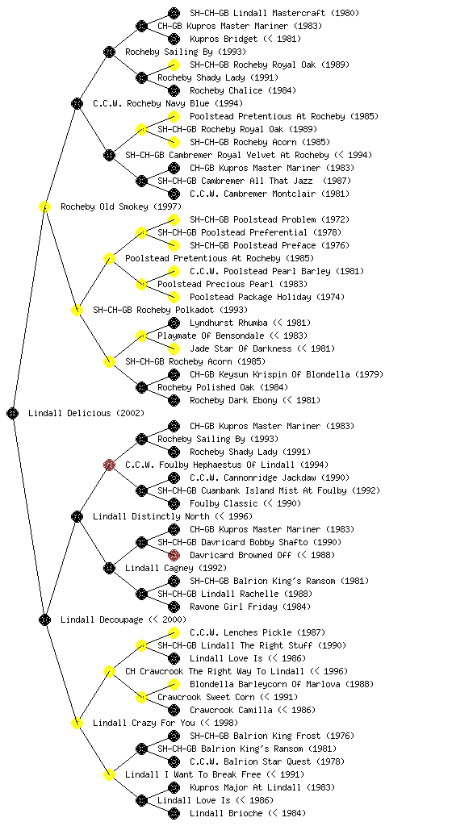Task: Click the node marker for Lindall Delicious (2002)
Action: pyautogui.click(x=13, y=413)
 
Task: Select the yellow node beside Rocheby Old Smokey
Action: pyautogui.click(x=44, y=206)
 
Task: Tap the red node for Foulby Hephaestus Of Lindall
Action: pyautogui.click(x=109, y=465)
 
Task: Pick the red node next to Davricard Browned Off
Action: pyautogui.click(x=174, y=555)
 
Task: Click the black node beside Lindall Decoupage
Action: pyautogui.click(x=44, y=619)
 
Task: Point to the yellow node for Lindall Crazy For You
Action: pyautogui.click(x=77, y=723)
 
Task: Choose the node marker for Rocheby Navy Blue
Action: pyautogui.click(x=77, y=103)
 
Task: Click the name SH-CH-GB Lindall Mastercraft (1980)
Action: pyautogui.click(x=274, y=13)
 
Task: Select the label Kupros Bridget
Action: pyautogui.click(x=224, y=39)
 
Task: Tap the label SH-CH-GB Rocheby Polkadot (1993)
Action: pyautogui.click(x=170, y=310)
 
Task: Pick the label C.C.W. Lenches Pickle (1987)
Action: pyautogui.click(x=257, y=632)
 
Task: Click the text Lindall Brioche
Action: pyautogui.click(x=226, y=813)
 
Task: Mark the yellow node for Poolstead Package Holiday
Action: pyautogui.click(x=174, y=297)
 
